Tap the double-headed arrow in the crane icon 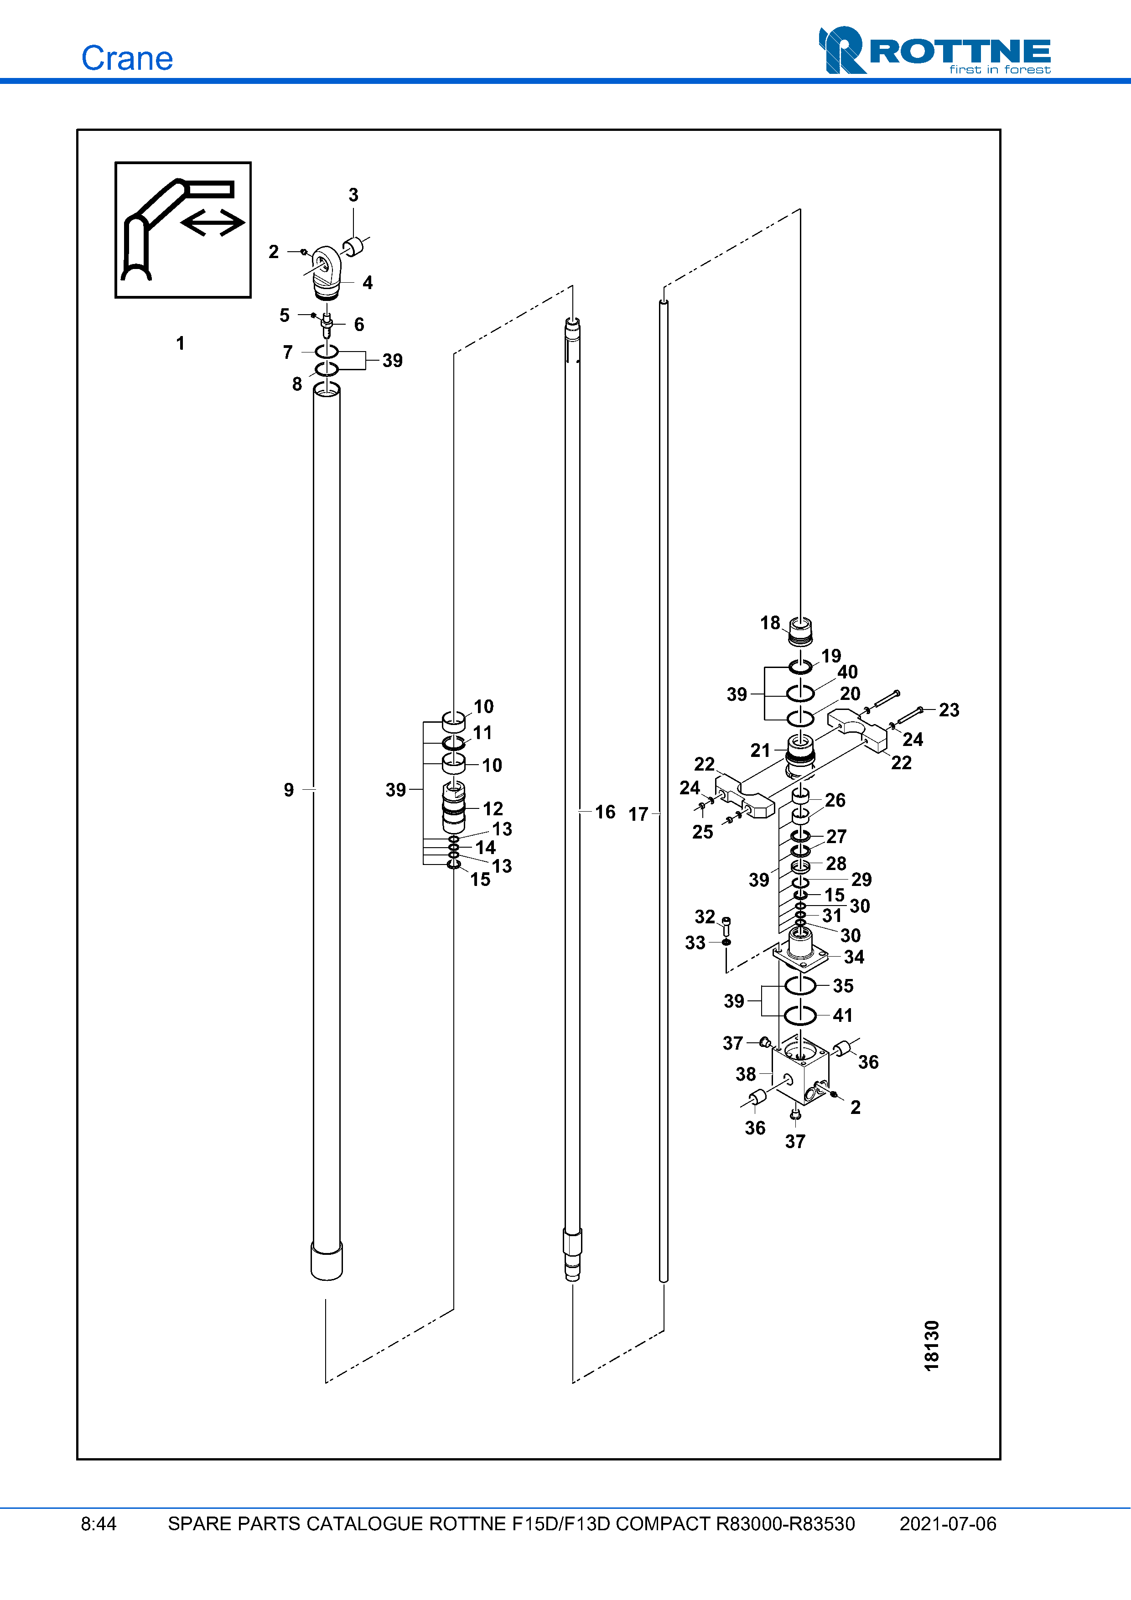pos(213,223)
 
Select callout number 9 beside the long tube pos(289,790)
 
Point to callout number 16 pos(605,812)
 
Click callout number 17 pos(638,814)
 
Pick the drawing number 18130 pos(932,1346)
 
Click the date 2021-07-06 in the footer pos(948,1524)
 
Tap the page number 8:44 pos(98,1524)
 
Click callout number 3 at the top pos(353,195)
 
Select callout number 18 pos(770,623)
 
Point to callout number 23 pos(949,709)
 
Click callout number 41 pos(842,1015)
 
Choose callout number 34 pos(854,957)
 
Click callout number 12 pos(493,808)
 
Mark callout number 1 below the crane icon pos(181,343)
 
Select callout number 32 pos(705,917)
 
